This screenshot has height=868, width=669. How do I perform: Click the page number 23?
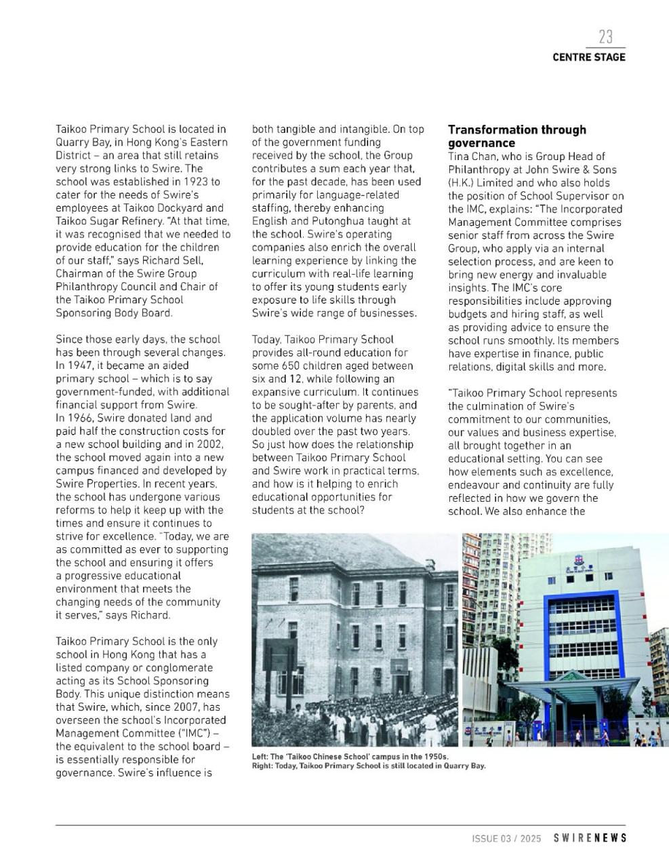pos(605,36)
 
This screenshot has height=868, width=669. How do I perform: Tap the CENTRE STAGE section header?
pos(588,57)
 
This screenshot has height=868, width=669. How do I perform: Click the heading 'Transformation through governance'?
pos(516,136)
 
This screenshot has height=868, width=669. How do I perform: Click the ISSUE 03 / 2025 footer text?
pos(506,839)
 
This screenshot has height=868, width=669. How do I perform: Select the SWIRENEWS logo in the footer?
pos(590,838)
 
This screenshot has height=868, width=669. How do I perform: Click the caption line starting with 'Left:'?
pos(350,756)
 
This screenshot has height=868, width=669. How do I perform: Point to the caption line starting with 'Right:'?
pos(369,766)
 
